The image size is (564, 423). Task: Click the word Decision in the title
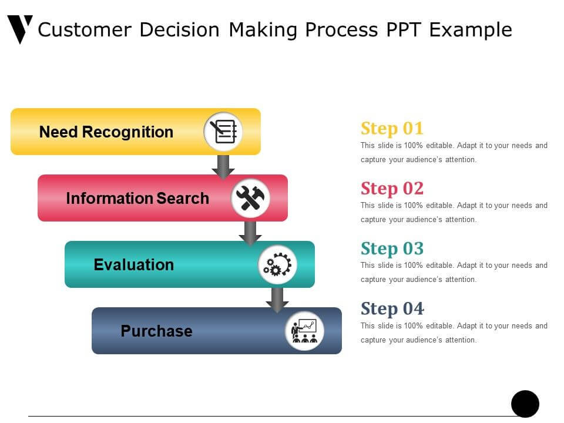click(179, 29)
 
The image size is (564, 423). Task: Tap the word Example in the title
click(471, 30)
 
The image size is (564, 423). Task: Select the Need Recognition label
click(106, 132)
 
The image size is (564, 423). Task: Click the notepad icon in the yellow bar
click(223, 132)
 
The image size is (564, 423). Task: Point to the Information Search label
click(137, 198)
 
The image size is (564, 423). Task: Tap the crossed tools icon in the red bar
click(250, 198)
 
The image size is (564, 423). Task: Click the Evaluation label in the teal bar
click(134, 265)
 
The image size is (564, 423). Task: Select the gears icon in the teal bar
click(277, 265)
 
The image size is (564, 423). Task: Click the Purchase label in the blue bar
click(156, 331)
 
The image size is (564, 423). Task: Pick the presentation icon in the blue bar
click(305, 331)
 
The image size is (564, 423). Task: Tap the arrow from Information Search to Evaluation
click(250, 233)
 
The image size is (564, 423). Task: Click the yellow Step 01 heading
click(392, 129)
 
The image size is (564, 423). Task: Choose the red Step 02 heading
click(392, 189)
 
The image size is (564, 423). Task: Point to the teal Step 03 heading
click(392, 249)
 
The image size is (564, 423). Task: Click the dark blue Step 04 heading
click(392, 308)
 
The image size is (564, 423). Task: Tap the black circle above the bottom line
click(525, 404)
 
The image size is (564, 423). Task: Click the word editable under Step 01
click(439, 145)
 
